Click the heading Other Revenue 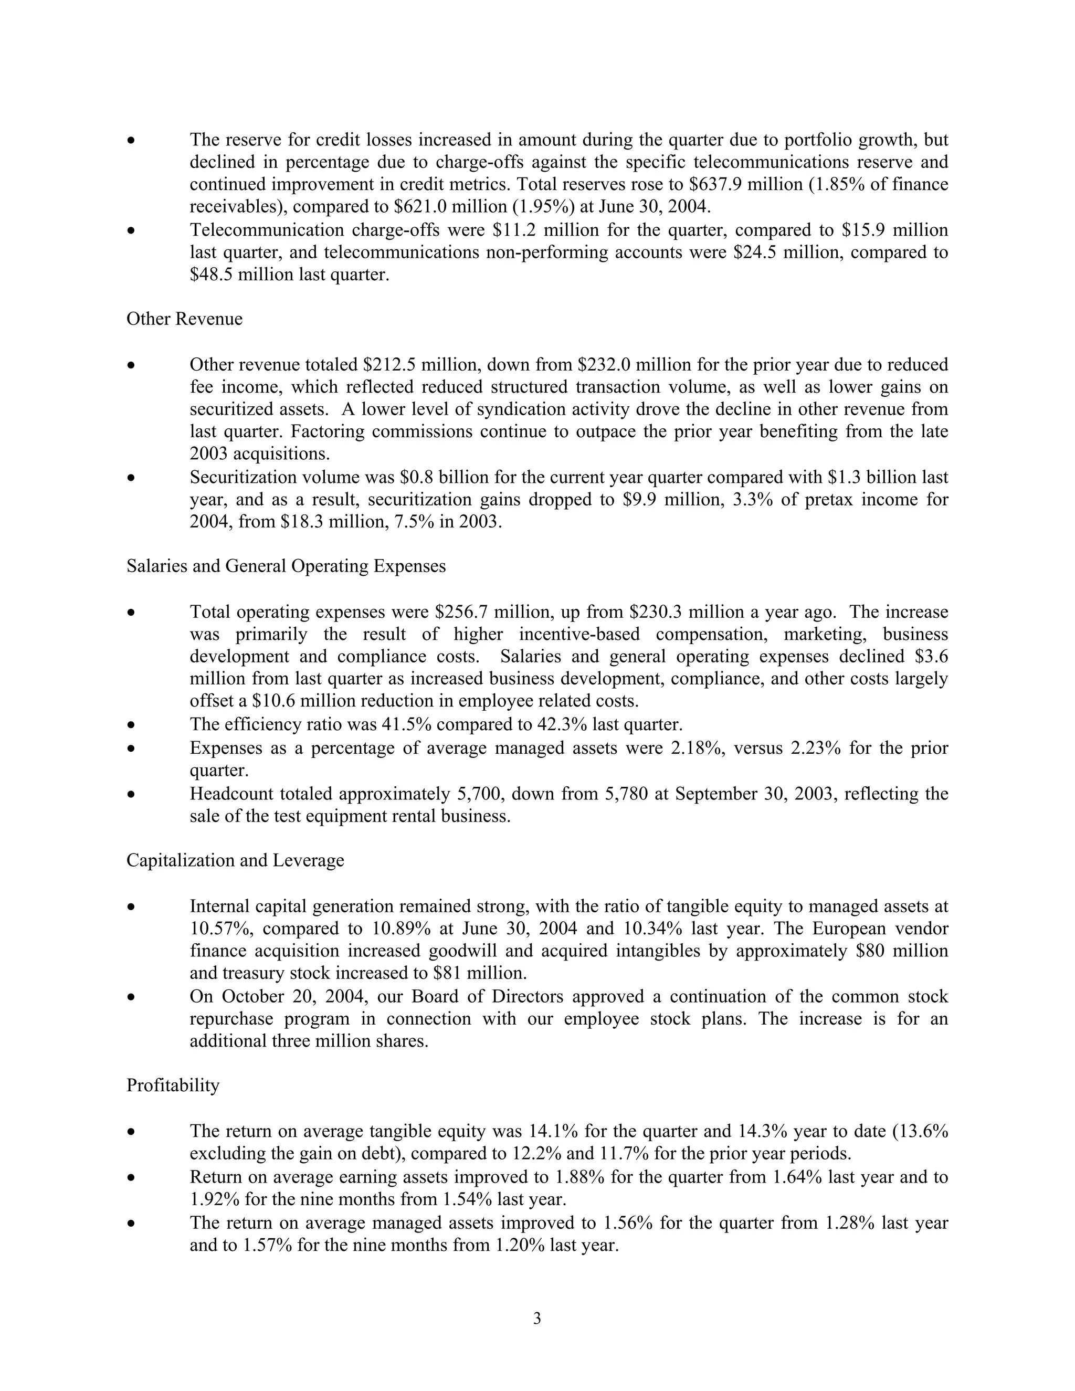(x=184, y=319)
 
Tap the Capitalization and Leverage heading (x=235, y=860)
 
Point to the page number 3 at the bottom (x=537, y=1319)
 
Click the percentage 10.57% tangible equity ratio (x=220, y=929)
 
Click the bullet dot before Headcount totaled (x=131, y=795)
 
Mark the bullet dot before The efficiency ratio (x=131, y=725)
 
